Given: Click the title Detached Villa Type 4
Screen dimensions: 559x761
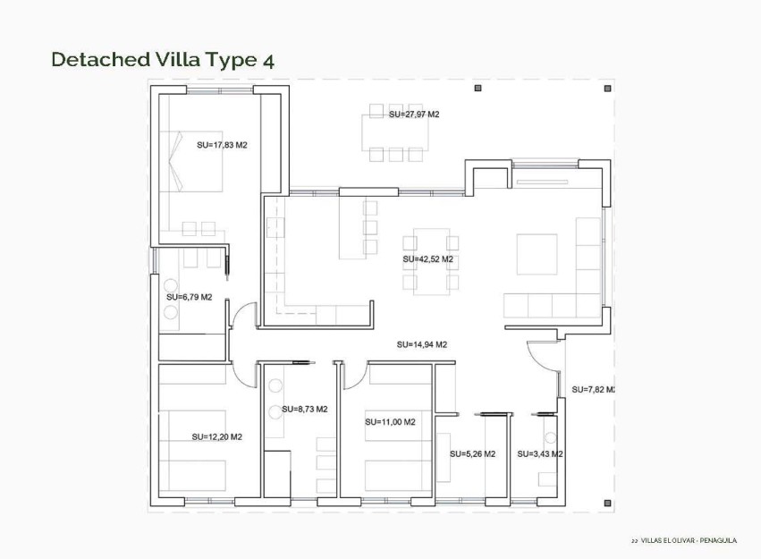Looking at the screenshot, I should pos(162,60).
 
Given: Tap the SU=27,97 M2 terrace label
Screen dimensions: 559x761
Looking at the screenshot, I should pos(414,114).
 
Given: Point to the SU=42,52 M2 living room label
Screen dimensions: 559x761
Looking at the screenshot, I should pos(428,259).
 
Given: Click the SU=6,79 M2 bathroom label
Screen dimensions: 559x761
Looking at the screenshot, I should pos(189,297).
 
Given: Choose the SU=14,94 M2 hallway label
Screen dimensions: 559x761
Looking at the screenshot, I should pos(421,344).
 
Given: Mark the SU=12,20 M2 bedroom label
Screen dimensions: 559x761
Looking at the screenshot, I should pos(216,436).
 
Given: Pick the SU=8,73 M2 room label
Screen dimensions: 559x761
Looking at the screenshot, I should pos(304,409).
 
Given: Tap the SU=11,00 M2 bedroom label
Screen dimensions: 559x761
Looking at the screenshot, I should pos(390,421).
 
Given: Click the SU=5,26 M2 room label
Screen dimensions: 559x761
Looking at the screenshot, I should pos(472,453).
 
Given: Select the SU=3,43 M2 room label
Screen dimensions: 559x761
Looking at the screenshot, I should pos(539,453).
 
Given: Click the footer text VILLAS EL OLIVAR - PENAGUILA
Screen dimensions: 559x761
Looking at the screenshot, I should pos(688,540).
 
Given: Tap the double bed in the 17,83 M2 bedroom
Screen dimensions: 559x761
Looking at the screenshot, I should pos(191,161).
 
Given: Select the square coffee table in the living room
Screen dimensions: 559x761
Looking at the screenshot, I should pos(537,254).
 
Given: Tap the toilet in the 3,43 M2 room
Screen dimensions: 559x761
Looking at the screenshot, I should pos(549,439).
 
